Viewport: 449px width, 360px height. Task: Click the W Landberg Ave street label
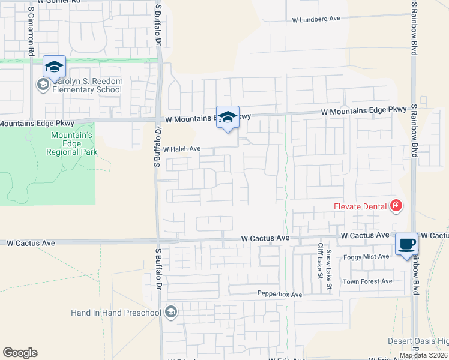pos(316,19)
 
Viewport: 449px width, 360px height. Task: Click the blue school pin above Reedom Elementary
pos(54,67)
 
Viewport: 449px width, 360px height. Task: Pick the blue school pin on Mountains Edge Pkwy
pos(228,118)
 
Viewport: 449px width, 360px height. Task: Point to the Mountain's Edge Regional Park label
pos(72,144)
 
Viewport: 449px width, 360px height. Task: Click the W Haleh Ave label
pos(181,149)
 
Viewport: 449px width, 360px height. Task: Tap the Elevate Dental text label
pos(360,206)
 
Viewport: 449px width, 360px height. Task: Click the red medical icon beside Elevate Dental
pos(396,206)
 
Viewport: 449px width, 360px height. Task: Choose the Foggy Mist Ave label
pos(366,257)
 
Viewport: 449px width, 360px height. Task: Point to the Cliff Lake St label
pos(320,262)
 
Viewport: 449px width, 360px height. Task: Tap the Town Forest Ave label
pos(367,281)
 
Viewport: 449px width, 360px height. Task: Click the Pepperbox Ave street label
pos(279,295)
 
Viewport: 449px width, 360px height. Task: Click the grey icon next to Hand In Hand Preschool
pos(171,311)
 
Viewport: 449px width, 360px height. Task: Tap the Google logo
pos(20,353)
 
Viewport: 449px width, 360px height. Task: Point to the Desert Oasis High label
pos(418,341)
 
